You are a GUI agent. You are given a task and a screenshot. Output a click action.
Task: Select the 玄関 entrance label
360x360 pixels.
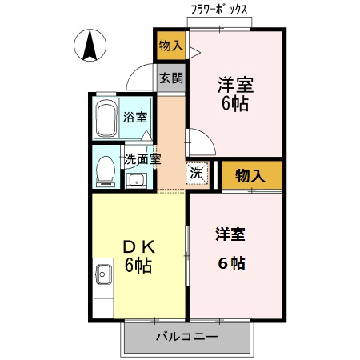coord(170,78)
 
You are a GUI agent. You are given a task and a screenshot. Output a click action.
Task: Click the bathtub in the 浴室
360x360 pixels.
coord(106,119)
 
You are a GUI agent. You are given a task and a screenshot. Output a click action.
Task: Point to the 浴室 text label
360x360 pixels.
coord(134,118)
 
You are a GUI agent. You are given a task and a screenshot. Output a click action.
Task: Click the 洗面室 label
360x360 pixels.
coord(142,158)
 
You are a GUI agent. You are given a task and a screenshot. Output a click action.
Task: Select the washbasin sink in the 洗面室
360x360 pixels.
coord(136,179)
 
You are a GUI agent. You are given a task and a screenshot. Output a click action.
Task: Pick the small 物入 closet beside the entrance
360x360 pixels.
coord(170,46)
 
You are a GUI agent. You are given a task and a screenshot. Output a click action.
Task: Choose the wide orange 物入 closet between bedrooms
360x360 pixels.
coord(251,175)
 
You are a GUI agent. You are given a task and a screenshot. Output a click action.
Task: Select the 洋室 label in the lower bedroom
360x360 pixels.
coord(230,234)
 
